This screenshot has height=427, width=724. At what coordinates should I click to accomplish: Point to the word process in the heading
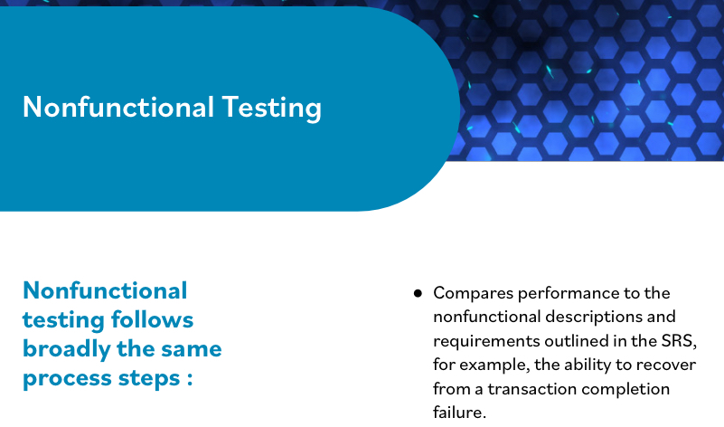(x=68, y=378)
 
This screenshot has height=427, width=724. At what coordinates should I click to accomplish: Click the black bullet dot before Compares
(x=418, y=293)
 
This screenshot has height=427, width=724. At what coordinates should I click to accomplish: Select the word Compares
(x=471, y=293)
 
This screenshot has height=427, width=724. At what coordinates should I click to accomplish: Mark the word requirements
(x=482, y=341)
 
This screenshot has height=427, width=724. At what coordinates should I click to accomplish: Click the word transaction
(x=517, y=389)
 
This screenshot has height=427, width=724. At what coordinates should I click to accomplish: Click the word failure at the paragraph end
(x=459, y=413)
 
